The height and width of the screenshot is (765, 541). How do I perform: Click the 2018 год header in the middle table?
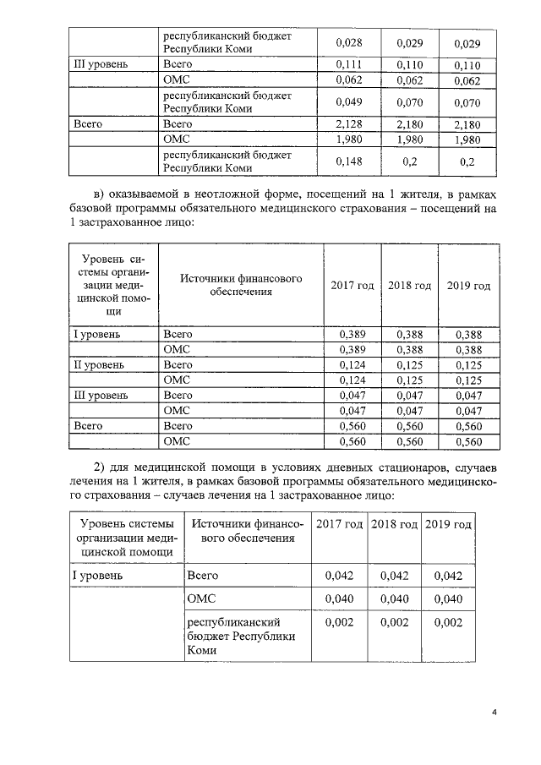click(x=409, y=286)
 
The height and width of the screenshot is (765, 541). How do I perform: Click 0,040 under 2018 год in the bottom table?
click(x=393, y=598)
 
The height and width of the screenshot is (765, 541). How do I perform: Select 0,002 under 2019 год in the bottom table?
click(x=448, y=622)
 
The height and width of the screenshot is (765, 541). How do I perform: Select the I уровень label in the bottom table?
click(x=99, y=575)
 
